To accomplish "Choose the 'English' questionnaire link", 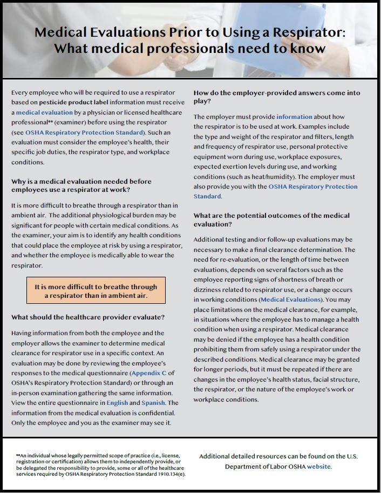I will coord(117,403).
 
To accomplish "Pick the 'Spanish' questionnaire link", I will coord(153,403).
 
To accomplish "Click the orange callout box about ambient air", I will coord(96,291).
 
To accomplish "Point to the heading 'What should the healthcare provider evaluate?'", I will coord(88,317).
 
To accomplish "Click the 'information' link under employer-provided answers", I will coord(294,116).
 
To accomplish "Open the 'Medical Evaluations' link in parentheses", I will coord(290,299).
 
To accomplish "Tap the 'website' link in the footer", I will coord(319,466).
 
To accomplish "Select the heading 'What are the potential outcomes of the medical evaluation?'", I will coord(271,219).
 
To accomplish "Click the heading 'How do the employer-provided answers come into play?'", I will coord(277,97).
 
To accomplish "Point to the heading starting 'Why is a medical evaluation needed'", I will coord(81,185).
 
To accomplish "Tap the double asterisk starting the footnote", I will coord(18,456).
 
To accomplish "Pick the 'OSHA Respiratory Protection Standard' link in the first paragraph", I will coord(84,132).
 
